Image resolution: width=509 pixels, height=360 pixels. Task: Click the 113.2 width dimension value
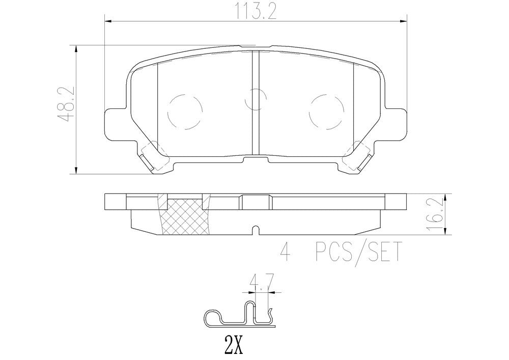pyautogui.click(x=255, y=11)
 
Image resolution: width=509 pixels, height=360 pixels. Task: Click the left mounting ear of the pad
pyautogui.click(x=115, y=122)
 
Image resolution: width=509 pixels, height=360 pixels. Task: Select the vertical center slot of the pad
pyautogui.click(x=256, y=102)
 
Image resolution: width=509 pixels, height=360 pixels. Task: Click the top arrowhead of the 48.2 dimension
pyautogui.click(x=76, y=48)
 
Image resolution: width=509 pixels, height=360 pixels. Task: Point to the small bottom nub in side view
pyautogui.click(x=256, y=231)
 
